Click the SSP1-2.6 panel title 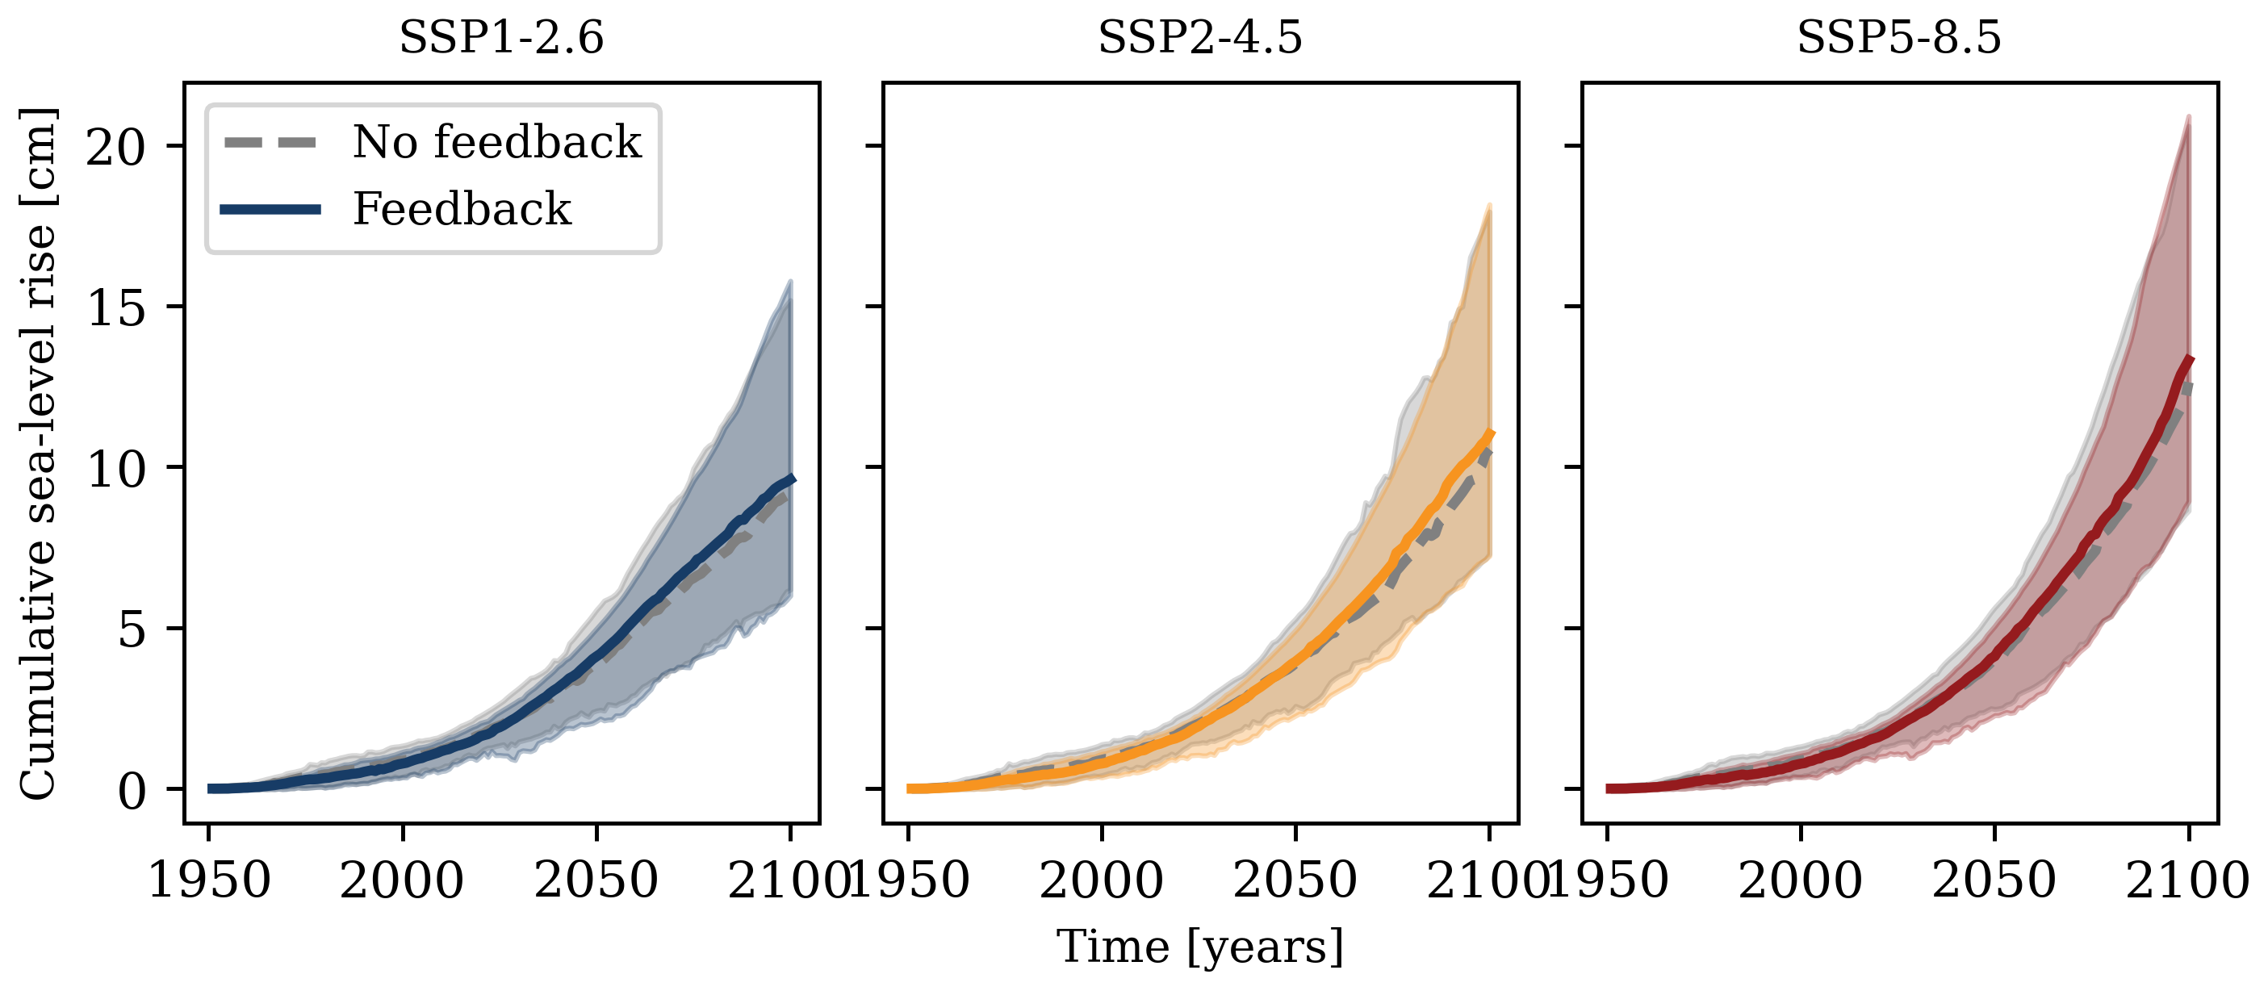point(501,38)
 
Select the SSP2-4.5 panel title point(1200,38)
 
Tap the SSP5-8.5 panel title point(1899,38)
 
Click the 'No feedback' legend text point(497,142)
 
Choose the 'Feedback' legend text point(462,208)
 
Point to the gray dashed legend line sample point(270,143)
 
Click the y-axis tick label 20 point(115,147)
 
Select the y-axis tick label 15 point(115,308)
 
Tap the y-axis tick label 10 point(115,469)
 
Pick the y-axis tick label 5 point(132,630)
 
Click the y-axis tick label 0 point(132,791)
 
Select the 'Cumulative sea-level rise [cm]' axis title point(38,454)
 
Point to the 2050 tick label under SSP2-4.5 point(1295,880)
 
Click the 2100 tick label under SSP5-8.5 point(2189,880)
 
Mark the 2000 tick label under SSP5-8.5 point(1801,880)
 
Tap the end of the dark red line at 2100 point(2190,358)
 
